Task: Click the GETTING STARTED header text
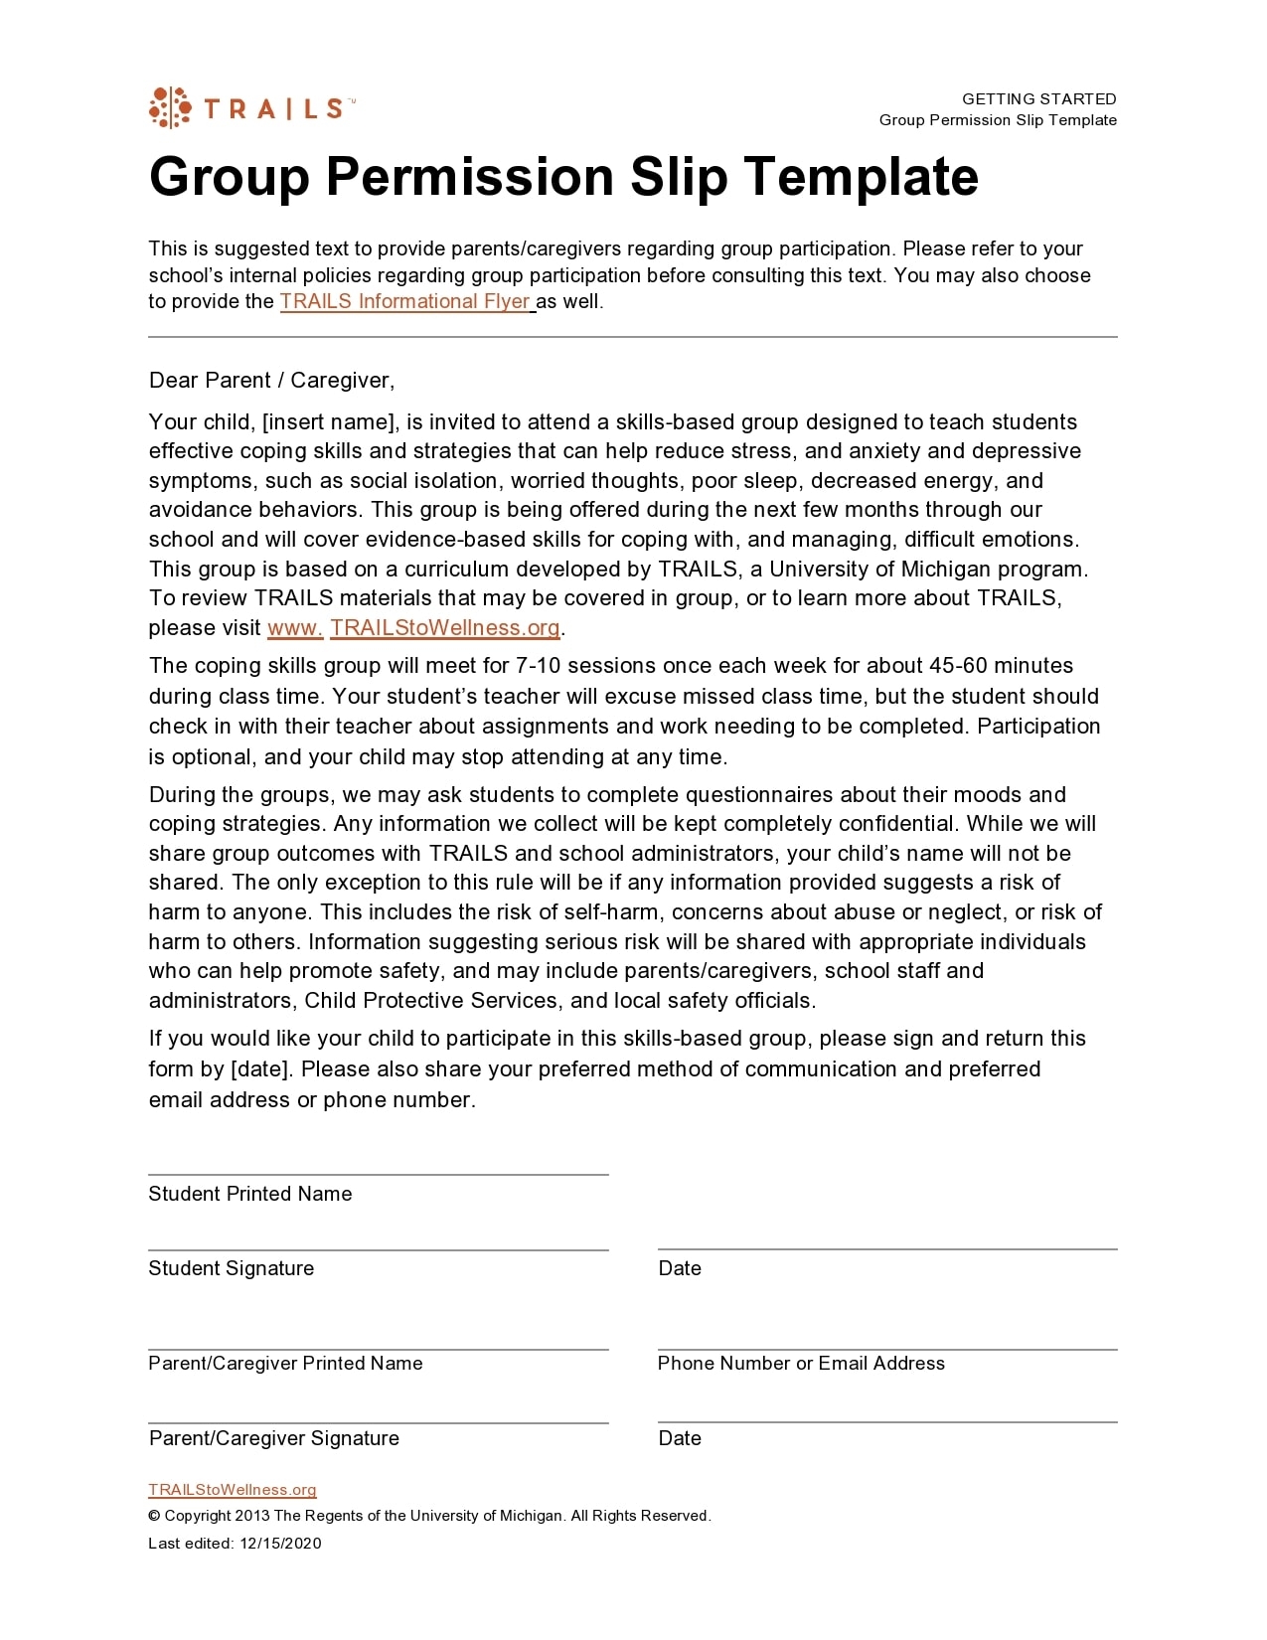(x=1038, y=99)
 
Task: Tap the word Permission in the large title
(x=469, y=177)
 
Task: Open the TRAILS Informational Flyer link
(x=405, y=301)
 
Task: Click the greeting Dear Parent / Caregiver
(x=271, y=381)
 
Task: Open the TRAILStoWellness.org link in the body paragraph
(x=444, y=628)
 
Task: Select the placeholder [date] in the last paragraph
(x=262, y=1069)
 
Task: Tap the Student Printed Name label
(x=250, y=1194)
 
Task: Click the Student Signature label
(x=231, y=1268)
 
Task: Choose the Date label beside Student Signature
(x=680, y=1268)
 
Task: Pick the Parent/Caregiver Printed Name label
(x=285, y=1364)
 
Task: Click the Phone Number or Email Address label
(x=801, y=1364)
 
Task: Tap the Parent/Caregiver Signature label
(x=274, y=1438)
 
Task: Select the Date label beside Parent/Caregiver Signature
(x=680, y=1438)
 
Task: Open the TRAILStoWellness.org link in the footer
(x=233, y=1490)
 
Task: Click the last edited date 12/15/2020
(x=280, y=1544)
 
